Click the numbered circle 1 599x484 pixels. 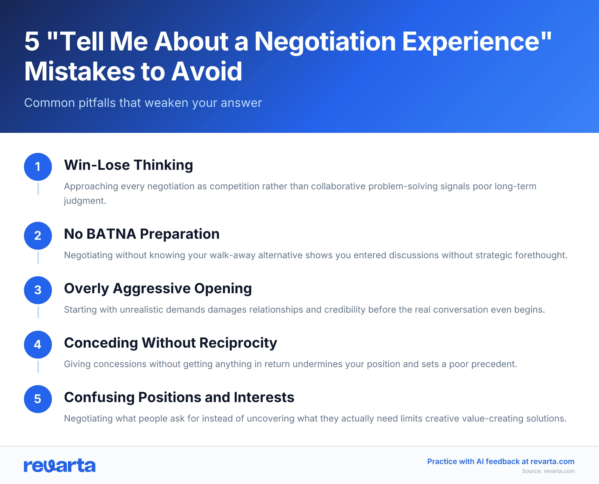(38, 167)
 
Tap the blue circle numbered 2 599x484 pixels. (38, 236)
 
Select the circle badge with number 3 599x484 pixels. (38, 290)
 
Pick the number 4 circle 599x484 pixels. (38, 345)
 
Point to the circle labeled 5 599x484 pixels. (38, 399)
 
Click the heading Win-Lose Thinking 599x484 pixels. (129, 165)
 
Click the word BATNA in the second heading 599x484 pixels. (111, 234)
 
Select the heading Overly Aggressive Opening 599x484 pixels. (158, 288)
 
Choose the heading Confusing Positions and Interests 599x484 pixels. (179, 397)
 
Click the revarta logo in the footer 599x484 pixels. (60, 466)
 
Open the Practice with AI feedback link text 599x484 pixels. (501, 462)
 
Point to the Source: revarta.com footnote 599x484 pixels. (548, 471)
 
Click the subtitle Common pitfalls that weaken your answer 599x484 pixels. (143, 103)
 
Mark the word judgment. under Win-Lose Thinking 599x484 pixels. (85, 201)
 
